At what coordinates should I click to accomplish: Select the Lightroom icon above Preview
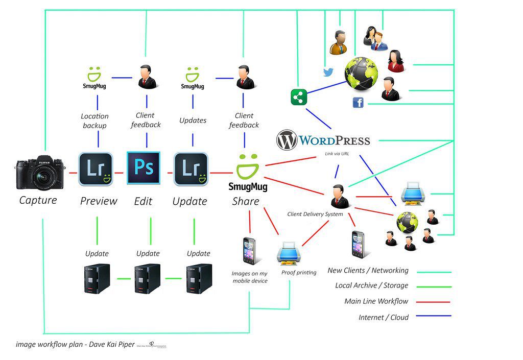96,169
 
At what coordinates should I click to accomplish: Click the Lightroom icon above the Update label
191,169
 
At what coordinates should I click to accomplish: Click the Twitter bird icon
328,72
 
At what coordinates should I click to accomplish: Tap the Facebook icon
358,103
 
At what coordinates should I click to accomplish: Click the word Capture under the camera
38,200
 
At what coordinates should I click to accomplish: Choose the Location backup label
94,121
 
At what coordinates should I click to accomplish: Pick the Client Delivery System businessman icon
339,197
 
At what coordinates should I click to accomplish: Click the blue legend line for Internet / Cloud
433,316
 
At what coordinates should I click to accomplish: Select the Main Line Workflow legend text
376,301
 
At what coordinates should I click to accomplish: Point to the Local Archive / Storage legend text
372,285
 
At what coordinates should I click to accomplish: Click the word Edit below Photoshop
143,201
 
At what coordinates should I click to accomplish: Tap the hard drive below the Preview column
96,278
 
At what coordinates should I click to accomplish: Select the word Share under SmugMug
246,201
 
